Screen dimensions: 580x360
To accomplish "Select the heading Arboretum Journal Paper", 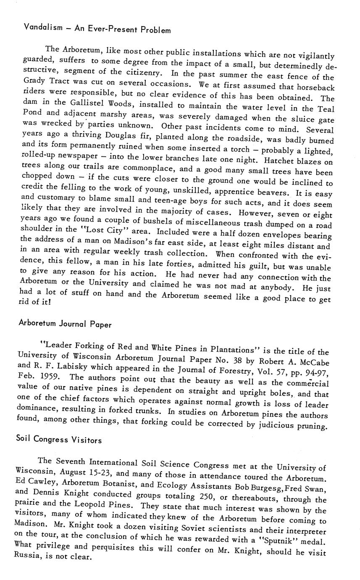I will pyautogui.click(x=65, y=324).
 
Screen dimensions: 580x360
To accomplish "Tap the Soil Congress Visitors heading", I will pyautogui.click(x=59, y=440).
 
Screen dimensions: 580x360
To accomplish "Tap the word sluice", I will pyautogui.click(x=305, y=119).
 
